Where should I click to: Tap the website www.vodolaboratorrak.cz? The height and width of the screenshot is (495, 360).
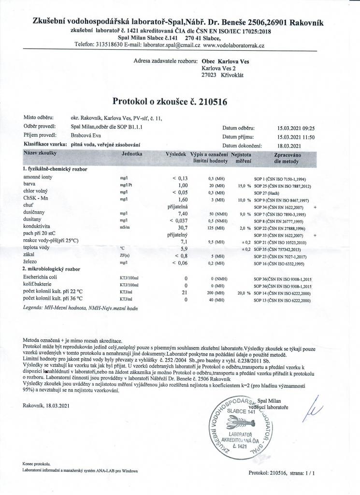click(x=234, y=44)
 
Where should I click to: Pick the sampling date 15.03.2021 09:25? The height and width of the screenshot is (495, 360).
click(x=296, y=129)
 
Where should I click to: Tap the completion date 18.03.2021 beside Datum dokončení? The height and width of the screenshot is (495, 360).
click(x=289, y=145)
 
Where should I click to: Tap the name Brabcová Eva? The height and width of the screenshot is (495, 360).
click(x=87, y=136)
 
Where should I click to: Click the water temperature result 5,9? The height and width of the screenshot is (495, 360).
click(x=183, y=248)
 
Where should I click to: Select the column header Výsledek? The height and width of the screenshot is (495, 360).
click(x=176, y=153)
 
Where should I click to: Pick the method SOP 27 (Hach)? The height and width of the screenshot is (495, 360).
click(x=270, y=191)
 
